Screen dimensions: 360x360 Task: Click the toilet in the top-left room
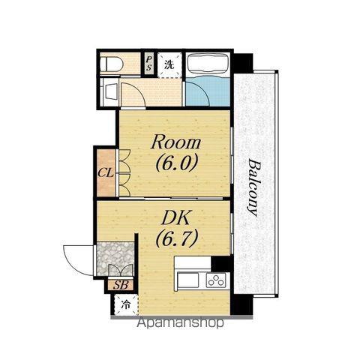(112, 64)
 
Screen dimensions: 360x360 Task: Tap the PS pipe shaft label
(149, 63)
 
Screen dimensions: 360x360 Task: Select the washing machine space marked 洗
(169, 64)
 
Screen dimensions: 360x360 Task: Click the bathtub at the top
(208, 64)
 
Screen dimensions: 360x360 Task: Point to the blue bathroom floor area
(208, 91)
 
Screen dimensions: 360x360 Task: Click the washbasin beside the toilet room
(111, 91)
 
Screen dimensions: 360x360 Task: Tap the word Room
(175, 142)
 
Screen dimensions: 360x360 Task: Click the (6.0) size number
(177, 163)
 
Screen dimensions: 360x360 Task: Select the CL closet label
(106, 172)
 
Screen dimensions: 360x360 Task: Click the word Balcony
(255, 187)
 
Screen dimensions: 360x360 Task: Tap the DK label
(175, 218)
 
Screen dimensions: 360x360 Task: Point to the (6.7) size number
(177, 238)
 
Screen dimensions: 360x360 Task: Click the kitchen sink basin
(188, 280)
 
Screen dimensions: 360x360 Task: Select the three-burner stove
(216, 280)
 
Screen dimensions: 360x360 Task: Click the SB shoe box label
(121, 285)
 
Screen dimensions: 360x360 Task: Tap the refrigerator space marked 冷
(126, 304)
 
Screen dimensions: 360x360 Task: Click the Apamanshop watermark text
(180, 323)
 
